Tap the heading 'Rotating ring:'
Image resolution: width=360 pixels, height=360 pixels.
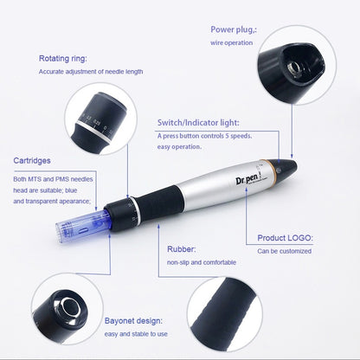click(63, 59)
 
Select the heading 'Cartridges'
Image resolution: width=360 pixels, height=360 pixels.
click(33, 161)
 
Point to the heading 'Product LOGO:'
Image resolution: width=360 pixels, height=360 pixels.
click(286, 237)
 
